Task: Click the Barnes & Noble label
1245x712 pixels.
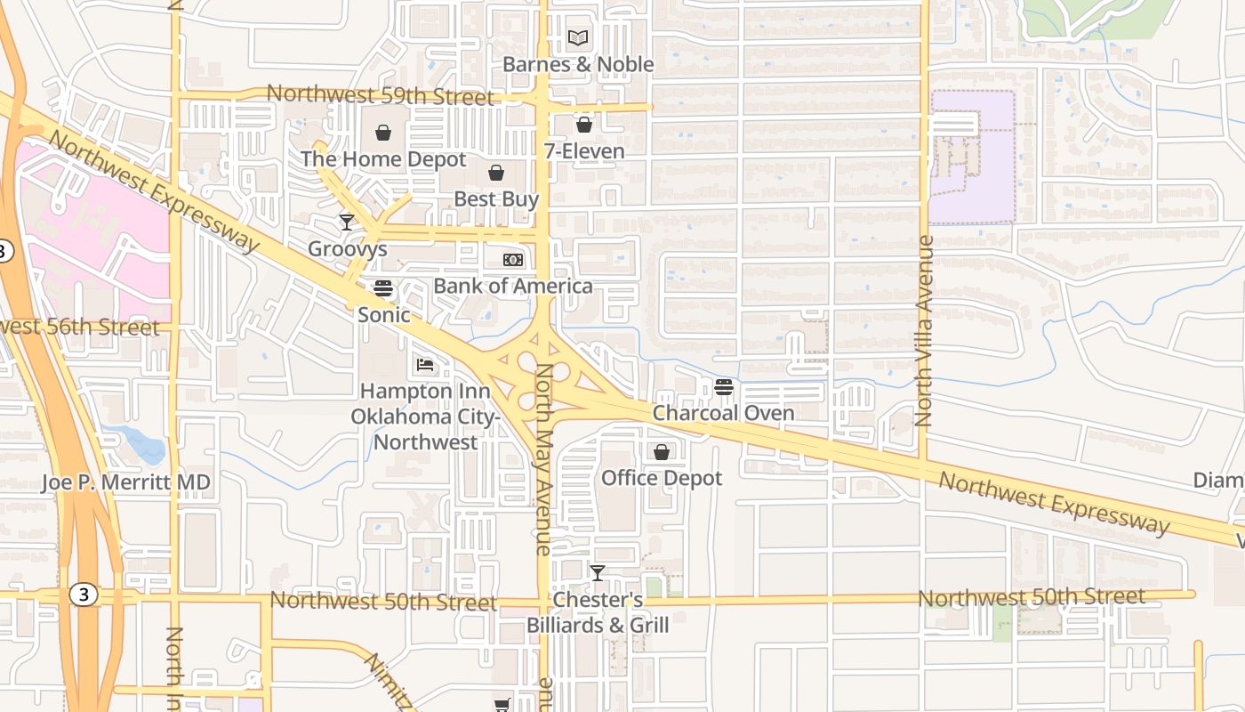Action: click(x=578, y=64)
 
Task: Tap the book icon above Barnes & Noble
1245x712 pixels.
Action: click(x=578, y=38)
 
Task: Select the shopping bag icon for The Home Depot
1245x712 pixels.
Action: click(x=383, y=133)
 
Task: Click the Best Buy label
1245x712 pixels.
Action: click(x=496, y=198)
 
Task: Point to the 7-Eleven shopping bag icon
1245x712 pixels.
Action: click(x=584, y=125)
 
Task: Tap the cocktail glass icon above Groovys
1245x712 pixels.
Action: click(x=347, y=222)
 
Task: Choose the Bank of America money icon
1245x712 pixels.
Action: click(x=513, y=260)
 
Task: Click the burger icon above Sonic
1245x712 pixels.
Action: click(x=383, y=288)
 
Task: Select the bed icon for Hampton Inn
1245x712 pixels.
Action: click(x=425, y=365)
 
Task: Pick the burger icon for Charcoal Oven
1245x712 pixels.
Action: click(x=724, y=387)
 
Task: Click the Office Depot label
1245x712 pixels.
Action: click(x=662, y=478)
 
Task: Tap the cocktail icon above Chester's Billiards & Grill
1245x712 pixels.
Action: click(x=598, y=572)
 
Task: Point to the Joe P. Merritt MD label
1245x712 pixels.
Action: click(x=126, y=482)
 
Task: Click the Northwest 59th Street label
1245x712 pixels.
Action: click(x=380, y=94)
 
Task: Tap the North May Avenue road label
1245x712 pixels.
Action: click(x=542, y=458)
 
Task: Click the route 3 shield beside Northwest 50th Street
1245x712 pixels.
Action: click(x=84, y=595)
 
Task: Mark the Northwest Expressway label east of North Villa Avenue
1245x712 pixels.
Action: click(x=1054, y=503)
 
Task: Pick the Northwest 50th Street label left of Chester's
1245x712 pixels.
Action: click(x=383, y=601)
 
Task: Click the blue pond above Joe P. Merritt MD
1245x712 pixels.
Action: click(x=142, y=443)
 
